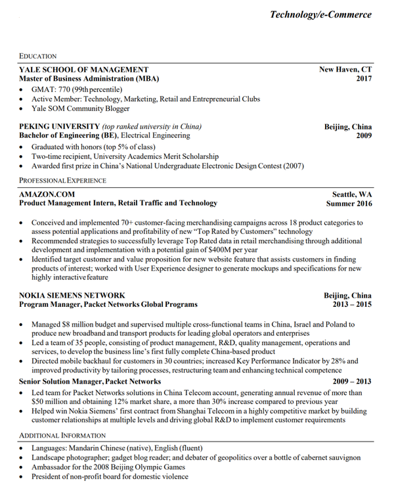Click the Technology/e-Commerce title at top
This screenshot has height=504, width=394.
coord(320,14)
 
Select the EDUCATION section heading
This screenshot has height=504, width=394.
coord(38,56)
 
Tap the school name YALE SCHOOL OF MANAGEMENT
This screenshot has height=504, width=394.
coord(83,70)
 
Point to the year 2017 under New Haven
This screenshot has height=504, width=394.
coord(364,79)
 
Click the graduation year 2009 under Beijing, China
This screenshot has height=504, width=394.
coord(364,136)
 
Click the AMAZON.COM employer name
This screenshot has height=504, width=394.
coord(47,195)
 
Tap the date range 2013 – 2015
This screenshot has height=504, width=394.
coord(351,305)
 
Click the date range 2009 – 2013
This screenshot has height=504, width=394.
coord(351,381)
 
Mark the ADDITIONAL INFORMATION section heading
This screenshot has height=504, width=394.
coord(62,436)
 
